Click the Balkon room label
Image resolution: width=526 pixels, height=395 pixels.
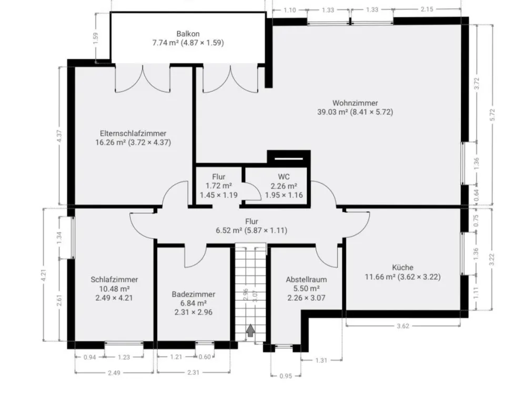(188, 34)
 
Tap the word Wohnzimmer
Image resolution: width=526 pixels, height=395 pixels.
(355, 103)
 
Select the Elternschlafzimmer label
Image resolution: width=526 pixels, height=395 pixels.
(133, 133)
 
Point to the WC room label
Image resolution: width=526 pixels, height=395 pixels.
(284, 176)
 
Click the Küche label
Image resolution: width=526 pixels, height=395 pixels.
(402, 268)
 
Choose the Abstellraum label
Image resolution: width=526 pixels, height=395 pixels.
(306, 280)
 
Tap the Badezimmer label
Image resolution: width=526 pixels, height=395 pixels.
(193, 294)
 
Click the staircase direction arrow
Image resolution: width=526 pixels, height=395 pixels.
(250, 331)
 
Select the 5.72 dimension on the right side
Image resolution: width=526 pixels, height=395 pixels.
(492, 115)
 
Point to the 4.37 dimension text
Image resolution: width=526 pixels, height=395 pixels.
(59, 135)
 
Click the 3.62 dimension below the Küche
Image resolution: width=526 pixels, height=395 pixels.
(402, 326)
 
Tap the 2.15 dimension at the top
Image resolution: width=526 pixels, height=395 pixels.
(427, 9)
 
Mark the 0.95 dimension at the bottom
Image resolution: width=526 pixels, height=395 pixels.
(286, 376)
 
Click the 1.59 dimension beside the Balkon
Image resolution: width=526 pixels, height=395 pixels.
(96, 38)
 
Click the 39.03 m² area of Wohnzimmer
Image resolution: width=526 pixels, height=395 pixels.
(332, 112)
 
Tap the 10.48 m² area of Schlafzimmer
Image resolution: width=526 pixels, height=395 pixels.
(114, 289)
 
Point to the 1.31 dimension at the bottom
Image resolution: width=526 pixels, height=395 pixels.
(321, 360)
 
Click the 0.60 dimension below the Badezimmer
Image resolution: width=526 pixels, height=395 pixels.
(205, 357)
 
